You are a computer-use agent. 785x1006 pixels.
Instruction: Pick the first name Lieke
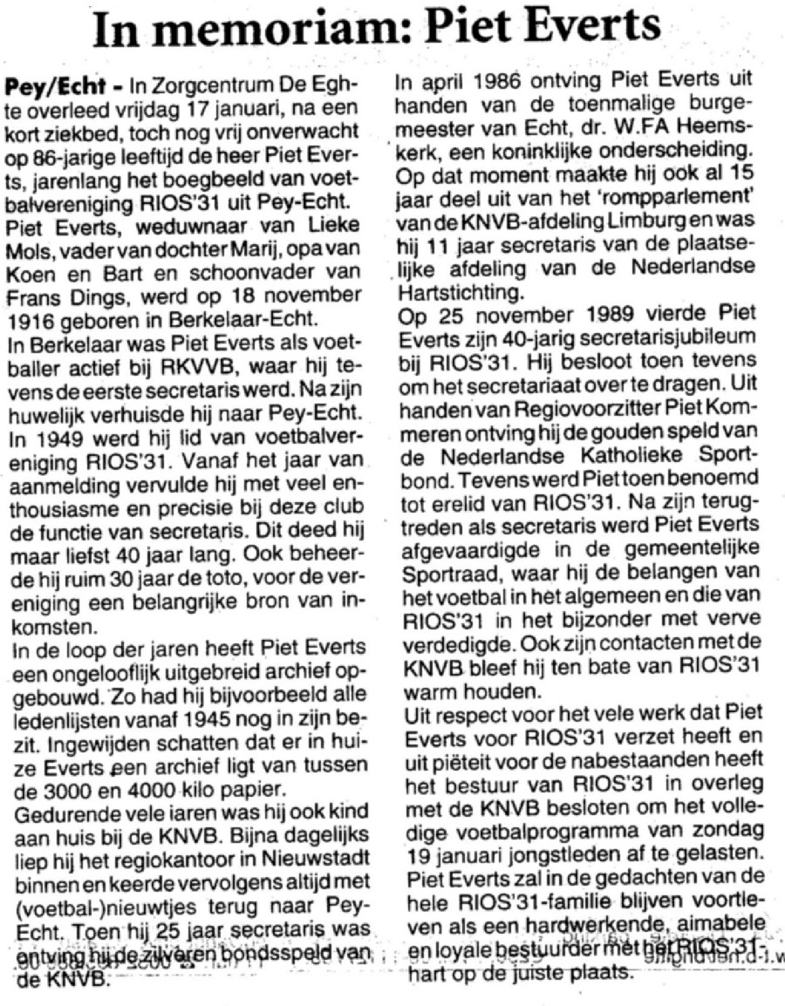349,201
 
